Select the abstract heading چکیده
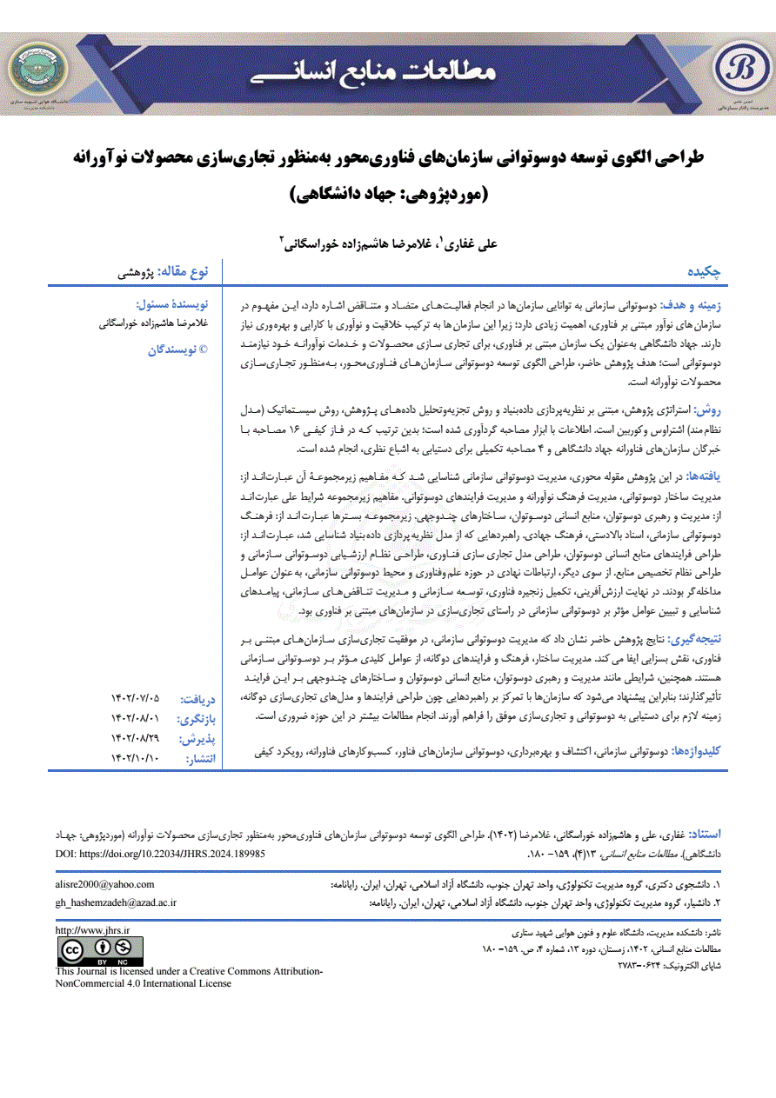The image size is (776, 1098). [x=706, y=272]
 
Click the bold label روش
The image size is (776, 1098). [x=716, y=408]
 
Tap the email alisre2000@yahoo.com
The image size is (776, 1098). [x=104, y=885]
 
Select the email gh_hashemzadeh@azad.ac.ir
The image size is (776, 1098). [x=116, y=903]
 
